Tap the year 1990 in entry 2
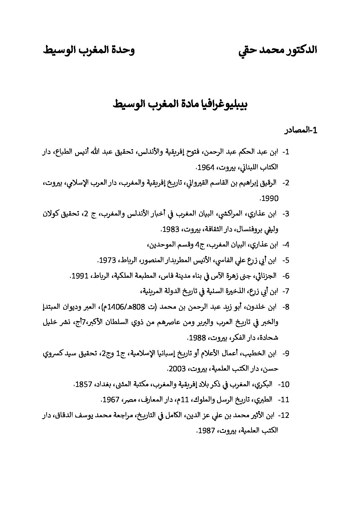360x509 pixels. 271,199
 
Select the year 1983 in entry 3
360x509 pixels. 170,230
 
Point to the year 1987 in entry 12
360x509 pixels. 206,431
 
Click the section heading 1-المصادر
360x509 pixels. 301,130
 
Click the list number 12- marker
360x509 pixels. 284,415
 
